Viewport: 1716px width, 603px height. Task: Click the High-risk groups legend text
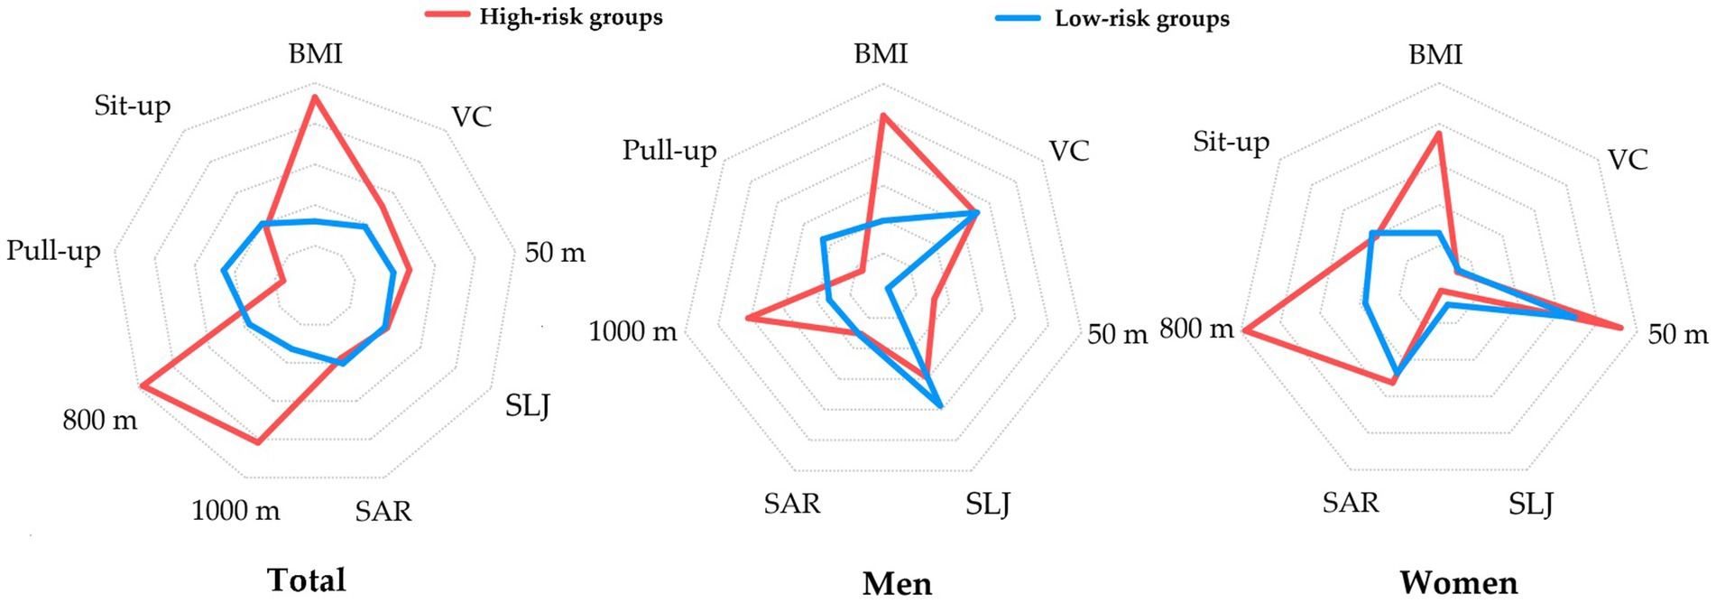pos(570,17)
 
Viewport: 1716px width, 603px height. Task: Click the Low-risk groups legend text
pos(1141,19)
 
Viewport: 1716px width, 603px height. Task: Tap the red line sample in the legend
pos(447,14)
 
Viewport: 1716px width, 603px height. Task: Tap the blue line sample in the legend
pos(1018,17)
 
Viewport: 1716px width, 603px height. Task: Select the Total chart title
pos(307,580)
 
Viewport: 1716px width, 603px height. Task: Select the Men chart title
pos(897,583)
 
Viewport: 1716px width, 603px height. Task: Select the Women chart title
pos(1459,582)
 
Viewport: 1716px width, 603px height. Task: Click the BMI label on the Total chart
pos(315,54)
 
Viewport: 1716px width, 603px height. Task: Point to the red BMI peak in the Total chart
pos(314,97)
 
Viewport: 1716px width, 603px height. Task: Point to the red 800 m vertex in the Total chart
pos(143,386)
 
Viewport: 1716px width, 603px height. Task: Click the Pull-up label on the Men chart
pos(669,150)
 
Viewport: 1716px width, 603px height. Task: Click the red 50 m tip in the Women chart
pos(1621,328)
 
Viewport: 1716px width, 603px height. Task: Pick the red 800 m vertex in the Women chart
pos(1244,331)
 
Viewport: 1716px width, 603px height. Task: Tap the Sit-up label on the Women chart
pos(1231,142)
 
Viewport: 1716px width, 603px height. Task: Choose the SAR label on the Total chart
pos(383,512)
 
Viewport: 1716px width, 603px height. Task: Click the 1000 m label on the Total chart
pos(235,511)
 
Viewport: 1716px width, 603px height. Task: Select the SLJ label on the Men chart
pos(988,503)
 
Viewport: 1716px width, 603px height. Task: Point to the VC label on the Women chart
pos(1628,160)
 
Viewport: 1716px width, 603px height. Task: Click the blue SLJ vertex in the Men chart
pos(940,406)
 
